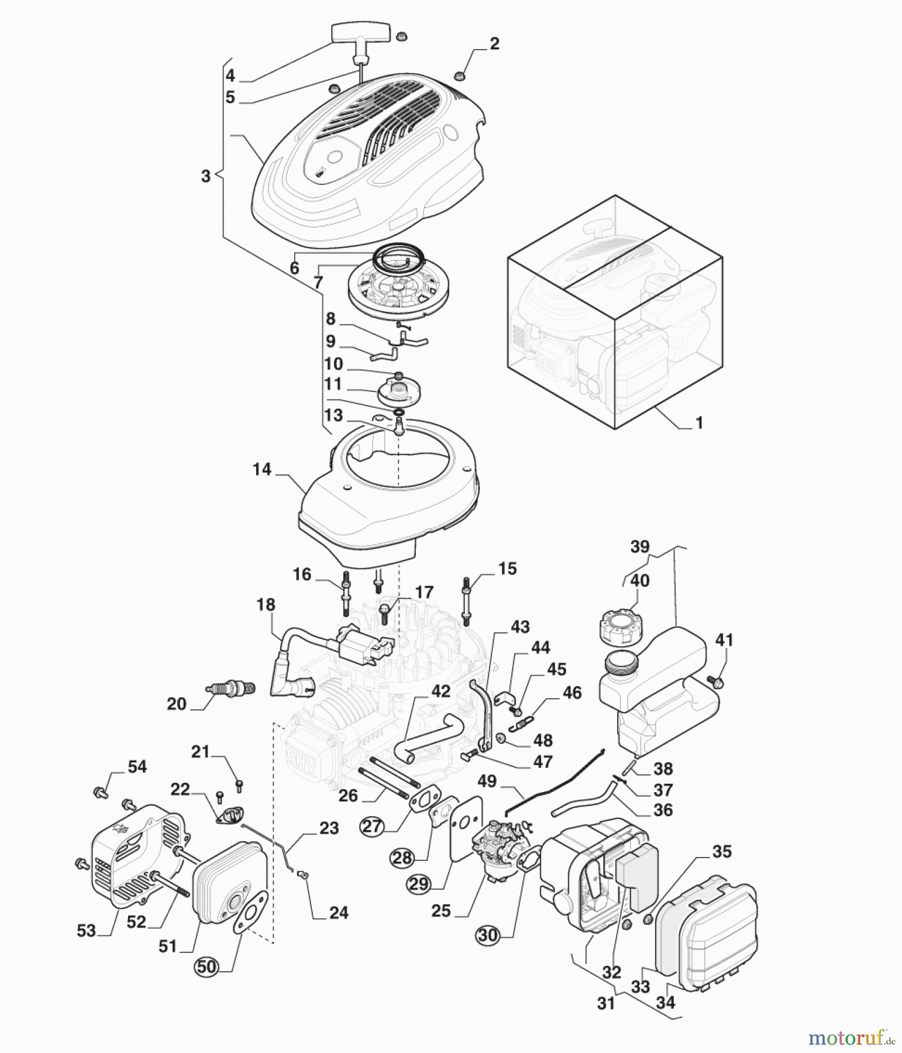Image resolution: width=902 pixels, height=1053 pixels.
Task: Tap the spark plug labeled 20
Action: coord(232,689)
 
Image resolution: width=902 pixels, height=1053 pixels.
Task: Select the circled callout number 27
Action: coord(372,827)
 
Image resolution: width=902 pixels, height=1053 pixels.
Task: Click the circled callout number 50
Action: coord(206,967)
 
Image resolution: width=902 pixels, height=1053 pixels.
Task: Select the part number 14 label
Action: coord(262,469)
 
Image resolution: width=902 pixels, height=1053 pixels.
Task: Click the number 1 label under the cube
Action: coord(698,422)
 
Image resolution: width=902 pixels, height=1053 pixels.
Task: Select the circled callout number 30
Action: coord(487,935)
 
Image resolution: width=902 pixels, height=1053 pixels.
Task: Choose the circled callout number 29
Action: coord(419,884)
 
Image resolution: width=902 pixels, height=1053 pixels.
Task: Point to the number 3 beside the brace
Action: coord(205,175)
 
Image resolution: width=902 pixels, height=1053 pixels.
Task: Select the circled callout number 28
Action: coord(402,858)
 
